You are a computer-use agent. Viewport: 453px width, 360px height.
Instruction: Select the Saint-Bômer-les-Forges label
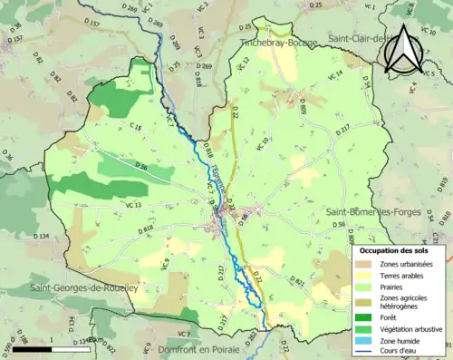(x=375, y=211)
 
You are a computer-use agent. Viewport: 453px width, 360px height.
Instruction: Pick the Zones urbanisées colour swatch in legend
(x=364, y=263)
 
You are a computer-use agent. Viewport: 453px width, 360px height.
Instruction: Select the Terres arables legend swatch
(x=364, y=276)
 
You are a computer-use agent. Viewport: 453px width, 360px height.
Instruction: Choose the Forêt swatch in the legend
(x=364, y=316)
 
